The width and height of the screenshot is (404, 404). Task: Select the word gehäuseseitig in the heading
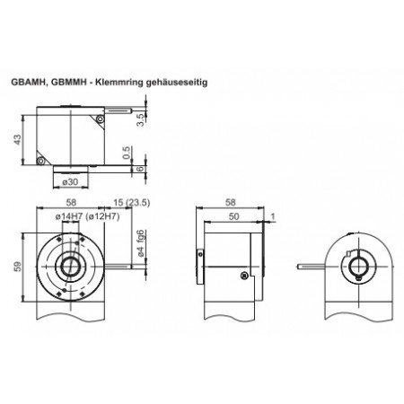tap(189, 82)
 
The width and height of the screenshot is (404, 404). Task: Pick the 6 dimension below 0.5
tap(138, 168)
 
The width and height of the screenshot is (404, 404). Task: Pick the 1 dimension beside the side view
tap(272, 216)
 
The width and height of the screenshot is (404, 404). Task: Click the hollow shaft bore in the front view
tap(68, 266)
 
